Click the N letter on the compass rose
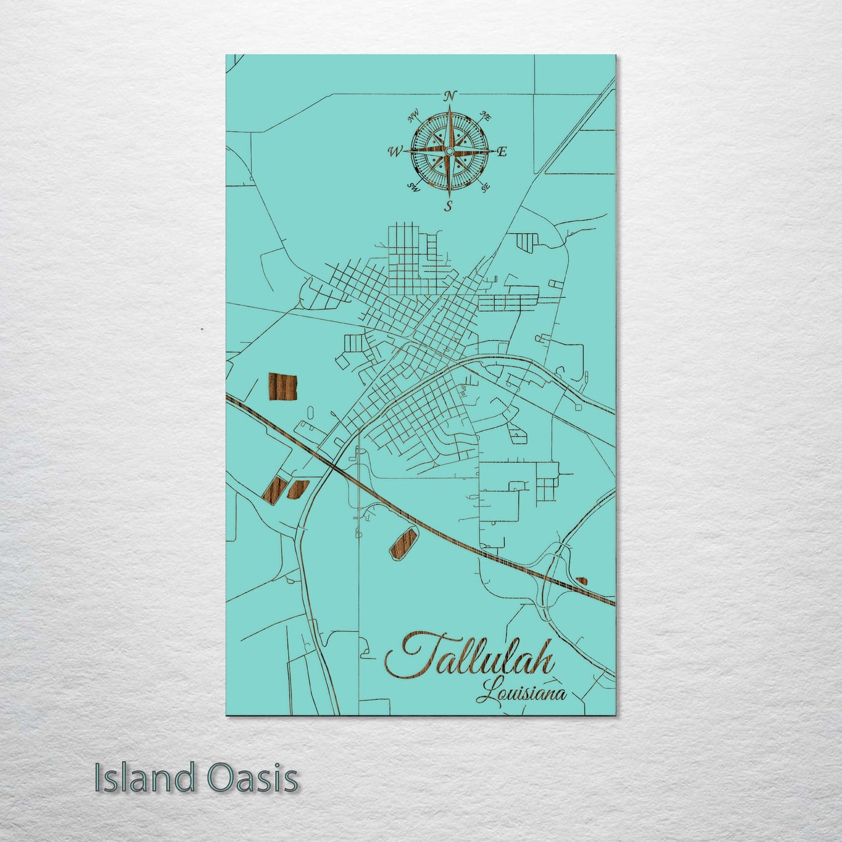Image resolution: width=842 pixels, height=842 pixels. coord(450,96)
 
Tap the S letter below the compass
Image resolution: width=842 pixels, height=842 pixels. coord(449,206)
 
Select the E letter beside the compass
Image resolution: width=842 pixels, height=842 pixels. coord(502,152)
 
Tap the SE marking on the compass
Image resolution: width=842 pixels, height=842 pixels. coord(485,187)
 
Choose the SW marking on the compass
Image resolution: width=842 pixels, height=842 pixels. coord(414,187)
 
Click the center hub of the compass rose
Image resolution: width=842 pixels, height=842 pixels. coord(449,152)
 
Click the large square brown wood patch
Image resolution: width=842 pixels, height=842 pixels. coord(282,386)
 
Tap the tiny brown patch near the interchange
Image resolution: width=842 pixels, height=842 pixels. coord(582,580)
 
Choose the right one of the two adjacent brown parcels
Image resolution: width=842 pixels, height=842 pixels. coord(297,489)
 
